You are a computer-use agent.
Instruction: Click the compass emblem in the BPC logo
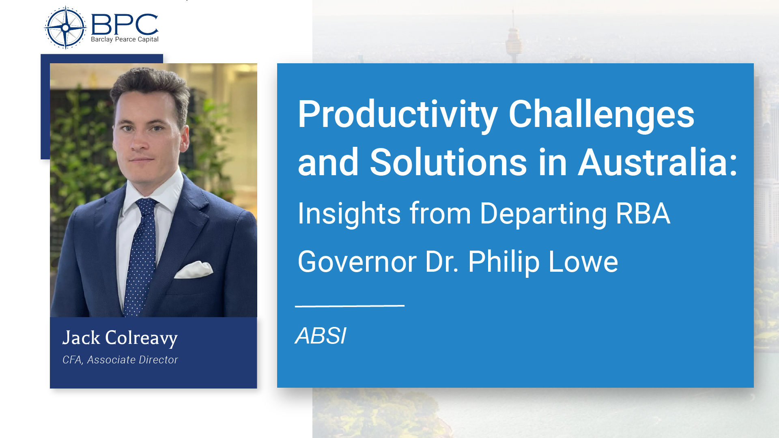tap(65, 28)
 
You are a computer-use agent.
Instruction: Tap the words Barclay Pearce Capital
tap(125, 39)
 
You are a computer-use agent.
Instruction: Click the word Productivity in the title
tap(397, 115)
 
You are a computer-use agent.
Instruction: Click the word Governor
tap(357, 262)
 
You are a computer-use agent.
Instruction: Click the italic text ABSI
tap(321, 336)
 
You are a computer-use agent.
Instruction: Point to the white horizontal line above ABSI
tap(349, 306)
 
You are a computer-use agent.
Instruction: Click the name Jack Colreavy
tap(120, 338)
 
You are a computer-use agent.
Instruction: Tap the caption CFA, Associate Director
tap(120, 360)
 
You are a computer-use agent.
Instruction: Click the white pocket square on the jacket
tap(194, 270)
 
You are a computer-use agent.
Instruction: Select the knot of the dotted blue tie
tap(146, 206)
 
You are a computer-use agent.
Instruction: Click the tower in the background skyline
tap(513, 39)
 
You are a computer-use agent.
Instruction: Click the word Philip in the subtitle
tap(504, 262)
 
